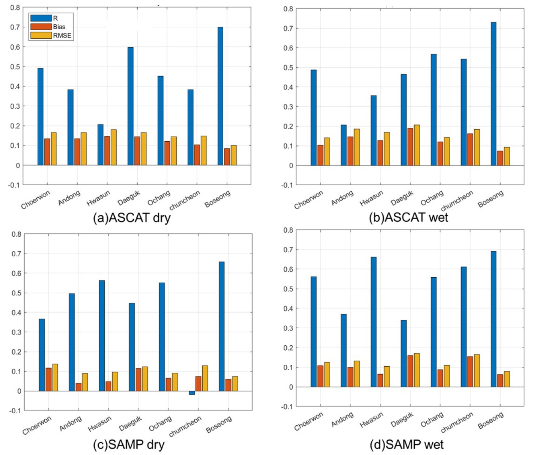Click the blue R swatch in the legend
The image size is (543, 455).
coord(41,18)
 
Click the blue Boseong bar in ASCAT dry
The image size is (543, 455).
coord(220,96)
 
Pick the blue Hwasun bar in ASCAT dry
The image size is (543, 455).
coord(100,145)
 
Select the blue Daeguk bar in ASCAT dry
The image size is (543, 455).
coord(130,106)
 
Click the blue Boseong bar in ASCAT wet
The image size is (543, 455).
coord(493,94)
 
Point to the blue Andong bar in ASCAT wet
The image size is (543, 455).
coord(343,145)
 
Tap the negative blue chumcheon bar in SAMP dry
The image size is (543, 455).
coord(192,393)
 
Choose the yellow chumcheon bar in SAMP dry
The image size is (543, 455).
coord(205,378)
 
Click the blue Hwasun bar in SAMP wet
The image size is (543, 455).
coord(373,322)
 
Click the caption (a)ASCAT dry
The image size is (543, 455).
coord(131,218)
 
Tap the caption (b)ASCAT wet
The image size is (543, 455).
coord(408,218)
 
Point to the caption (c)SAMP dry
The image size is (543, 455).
coord(128,445)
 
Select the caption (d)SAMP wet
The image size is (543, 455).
coord(406,445)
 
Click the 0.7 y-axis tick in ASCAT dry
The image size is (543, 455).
coord(15,27)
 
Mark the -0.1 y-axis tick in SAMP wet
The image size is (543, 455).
coord(287,407)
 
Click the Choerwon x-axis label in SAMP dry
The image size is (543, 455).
coord(37,425)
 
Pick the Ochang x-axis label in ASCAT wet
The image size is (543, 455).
coord(432,198)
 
